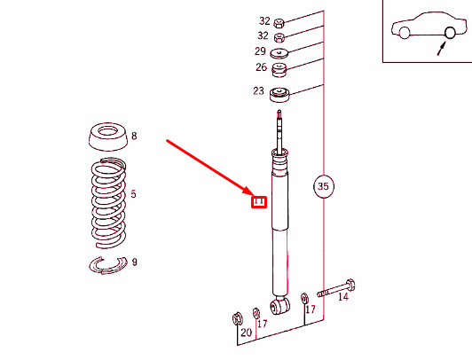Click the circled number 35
coord(323,186)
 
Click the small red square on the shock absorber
coord(259,201)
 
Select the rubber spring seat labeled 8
coord(106,138)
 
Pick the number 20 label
coord(246,333)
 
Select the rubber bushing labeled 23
coord(280,95)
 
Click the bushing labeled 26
coord(279,69)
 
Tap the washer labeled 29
coord(279,53)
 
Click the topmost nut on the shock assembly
coord(279,21)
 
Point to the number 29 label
coord(260,52)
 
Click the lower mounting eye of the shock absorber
coord(280,305)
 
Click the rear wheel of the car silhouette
coord(450,33)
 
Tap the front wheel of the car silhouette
coord(405,34)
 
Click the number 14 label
coord(343,298)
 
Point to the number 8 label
coord(134,137)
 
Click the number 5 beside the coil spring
coord(133,193)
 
